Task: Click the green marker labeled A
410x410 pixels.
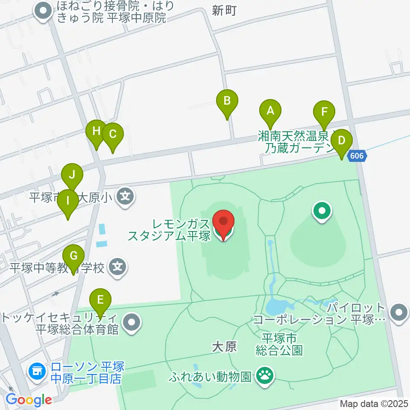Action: [270, 111]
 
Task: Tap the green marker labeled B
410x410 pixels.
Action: [227, 101]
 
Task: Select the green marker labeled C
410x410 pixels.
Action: [112, 134]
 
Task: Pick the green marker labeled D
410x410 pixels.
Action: [341, 141]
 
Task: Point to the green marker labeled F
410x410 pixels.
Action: [324, 113]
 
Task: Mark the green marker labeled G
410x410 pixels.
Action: [73, 256]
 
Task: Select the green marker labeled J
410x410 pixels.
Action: [72, 175]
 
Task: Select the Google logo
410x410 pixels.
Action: [29, 400]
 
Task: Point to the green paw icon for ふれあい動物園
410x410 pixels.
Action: [265, 376]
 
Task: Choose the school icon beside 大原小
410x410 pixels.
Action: [125, 197]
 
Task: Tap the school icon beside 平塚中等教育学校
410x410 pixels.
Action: [117, 268]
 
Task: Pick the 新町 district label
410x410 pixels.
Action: [223, 11]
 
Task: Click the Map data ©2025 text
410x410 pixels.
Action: [374, 404]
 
